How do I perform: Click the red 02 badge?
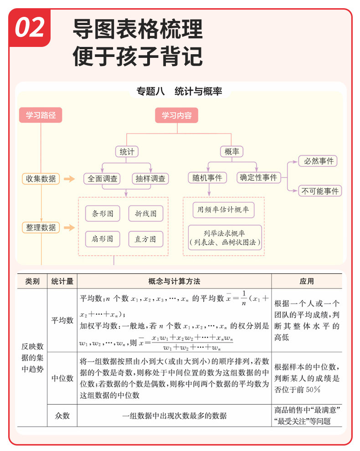coord(30,28)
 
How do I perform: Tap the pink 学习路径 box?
coord(41,115)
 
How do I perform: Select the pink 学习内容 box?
coord(177,115)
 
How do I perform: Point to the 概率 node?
coord(231,152)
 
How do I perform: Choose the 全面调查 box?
coord(103,179)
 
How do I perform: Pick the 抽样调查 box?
coord(150,179)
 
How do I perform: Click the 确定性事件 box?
coord(258,178)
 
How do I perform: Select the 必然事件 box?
coord(319,161)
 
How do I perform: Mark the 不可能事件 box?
coord(320,191)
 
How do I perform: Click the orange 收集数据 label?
coord(41,179)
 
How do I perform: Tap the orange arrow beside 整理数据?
coord(69,227)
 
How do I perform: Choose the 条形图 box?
coord(103,213)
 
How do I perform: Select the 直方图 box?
coord(145,238)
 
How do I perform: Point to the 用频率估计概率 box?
coord(223,210)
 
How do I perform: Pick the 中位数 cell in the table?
coord(62,378)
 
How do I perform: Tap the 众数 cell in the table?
coord(62,415)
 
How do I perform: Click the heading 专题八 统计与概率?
coord(179,91)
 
